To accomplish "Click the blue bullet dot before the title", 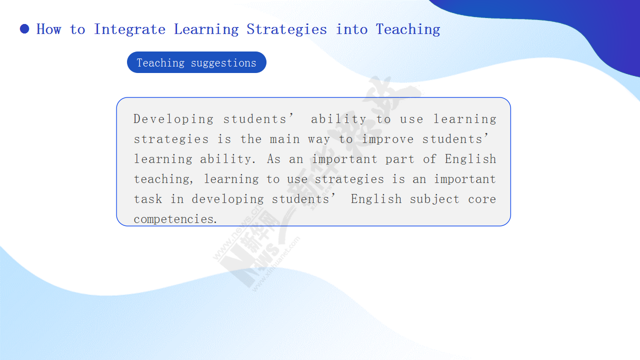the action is pos(24,29).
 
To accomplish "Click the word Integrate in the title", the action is pos(129,29).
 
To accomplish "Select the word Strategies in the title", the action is pos(286,29).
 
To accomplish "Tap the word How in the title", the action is pos(49,29).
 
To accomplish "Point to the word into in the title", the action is pos(351,29).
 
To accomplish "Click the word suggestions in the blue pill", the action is pos(223,63).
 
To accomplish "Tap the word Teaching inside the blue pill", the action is pos(160,63).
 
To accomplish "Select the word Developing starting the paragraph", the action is pos(173,119).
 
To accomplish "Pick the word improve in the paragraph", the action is pos(387,139).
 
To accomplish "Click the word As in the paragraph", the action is pos(273,159).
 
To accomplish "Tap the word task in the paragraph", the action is pos(148,199).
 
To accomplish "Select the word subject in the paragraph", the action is pos(434,199).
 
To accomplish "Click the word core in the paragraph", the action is pos(482,199).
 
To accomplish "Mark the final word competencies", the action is pos(175,219).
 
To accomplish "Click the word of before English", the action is pos(429,159).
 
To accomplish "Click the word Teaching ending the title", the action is pos(408,29).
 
